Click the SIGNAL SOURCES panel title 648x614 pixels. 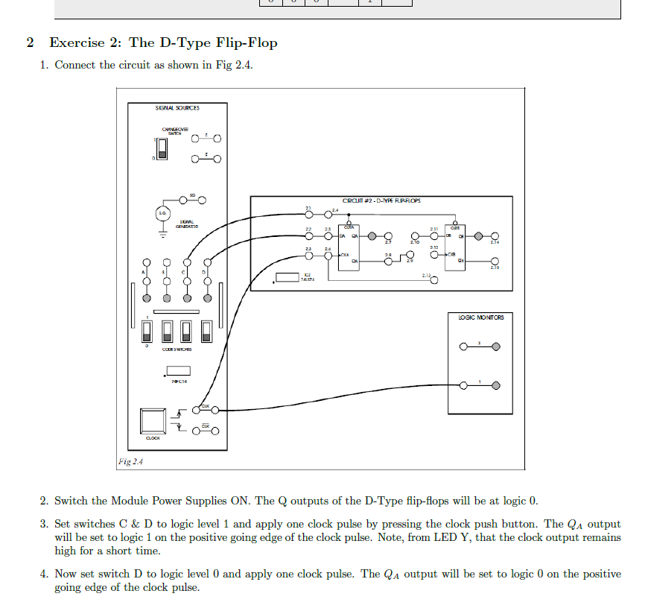click(177, 108)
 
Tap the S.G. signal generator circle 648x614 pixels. click(162, 213)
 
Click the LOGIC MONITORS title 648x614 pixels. click(480, 317)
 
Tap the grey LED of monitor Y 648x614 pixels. click(496, 386)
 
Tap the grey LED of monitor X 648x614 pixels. click(496, 346)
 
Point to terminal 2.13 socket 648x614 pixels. click(434, 280)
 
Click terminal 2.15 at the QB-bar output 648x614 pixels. click(495, 261)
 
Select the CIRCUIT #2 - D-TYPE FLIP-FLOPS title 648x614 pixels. click(381, 201)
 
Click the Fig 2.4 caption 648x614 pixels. click(131, 462)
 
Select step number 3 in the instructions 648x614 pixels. click(44, 525)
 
